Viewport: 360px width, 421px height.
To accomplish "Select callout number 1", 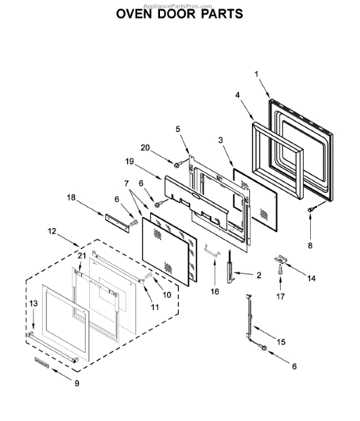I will pos(256,74).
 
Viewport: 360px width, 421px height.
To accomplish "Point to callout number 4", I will pos(238,95).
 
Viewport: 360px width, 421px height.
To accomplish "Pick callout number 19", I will pos(130,162).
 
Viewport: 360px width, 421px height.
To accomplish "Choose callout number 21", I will pos(81,256).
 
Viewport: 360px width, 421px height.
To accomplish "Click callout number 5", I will pos(178,129).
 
